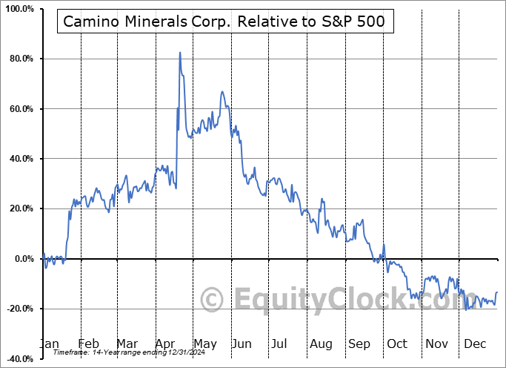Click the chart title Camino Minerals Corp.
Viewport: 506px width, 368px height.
coord(224,22)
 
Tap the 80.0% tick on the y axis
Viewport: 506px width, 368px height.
coord(20,59)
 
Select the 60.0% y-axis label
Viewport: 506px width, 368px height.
coord(20,109)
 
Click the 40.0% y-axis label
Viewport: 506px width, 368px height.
coord(20,159)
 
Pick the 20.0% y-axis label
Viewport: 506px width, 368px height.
coord(20,208)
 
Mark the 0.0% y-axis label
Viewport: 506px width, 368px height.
coord(23,259)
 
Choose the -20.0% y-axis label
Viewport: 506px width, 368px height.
coord(19,309)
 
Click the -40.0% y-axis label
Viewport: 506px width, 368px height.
coord(19,358)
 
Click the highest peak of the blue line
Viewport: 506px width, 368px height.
coord(180,53)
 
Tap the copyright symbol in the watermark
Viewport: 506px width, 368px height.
coord(213,300)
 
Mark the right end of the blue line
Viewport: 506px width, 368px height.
coord(496,292)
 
